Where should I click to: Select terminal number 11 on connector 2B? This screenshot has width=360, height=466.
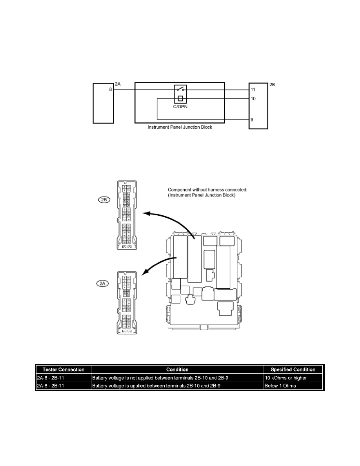[253, 90]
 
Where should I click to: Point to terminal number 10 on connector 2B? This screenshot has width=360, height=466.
[253, 98]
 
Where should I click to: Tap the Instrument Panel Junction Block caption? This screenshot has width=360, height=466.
[180, 127]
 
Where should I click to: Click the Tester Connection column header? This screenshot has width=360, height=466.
[63, 370]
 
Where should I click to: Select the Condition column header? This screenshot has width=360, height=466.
[177, 370]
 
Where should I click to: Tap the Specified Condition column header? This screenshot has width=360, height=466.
[293, 370]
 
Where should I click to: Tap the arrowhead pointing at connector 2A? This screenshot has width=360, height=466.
[144, 273]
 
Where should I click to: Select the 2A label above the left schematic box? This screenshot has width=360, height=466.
[118, 84]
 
